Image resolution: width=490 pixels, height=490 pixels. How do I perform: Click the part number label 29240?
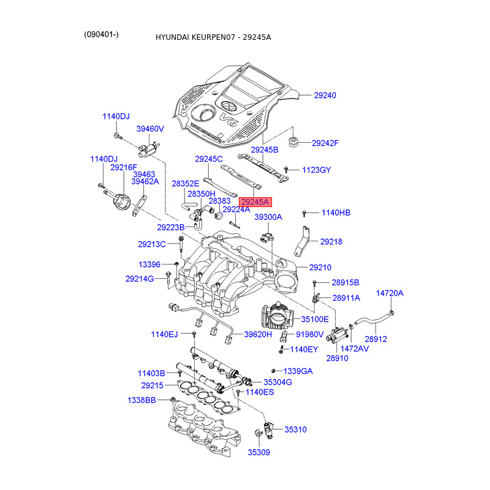(x=325, y=96)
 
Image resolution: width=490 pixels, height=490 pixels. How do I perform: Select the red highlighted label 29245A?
(x=254, y=201)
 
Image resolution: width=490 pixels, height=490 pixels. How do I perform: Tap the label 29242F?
(x=325, y=143)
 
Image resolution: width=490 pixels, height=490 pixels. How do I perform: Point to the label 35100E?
(x=314, y=319)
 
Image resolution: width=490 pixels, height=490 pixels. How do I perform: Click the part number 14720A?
(x=390, y=293)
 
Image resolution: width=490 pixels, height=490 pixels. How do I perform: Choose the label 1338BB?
(x=141, y=400)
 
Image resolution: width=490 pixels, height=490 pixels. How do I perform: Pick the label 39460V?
(x=150, y=129)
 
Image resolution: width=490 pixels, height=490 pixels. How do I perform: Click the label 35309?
(x=258, y=453)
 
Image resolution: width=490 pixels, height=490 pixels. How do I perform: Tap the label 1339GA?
(x=298, y=371)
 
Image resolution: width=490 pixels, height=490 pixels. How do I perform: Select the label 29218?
(x=331, y=242)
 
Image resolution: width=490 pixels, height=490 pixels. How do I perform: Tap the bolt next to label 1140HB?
(x=304, y=213)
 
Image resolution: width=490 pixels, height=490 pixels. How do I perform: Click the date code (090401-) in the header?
(x=102, y=34)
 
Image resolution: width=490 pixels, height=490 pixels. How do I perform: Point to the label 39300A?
(x=268, y=217)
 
